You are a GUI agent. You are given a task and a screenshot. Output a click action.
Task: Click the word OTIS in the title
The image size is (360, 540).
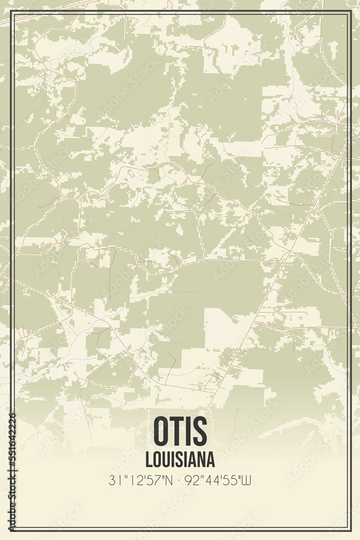tap(180, 430)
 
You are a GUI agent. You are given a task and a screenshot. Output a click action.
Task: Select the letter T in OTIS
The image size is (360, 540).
tap(179, 430)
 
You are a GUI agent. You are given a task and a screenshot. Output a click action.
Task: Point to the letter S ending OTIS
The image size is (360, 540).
tap(199, 430)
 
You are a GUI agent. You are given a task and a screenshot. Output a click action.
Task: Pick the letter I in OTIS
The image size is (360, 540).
tap(189, 430)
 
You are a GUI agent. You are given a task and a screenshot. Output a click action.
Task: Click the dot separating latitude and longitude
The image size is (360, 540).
tap(180, 479)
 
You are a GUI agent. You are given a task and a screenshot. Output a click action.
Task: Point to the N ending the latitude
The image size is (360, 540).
tap(169, 479)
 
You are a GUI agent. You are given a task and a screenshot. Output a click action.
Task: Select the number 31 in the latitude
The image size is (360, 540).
tap(114, 479)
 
